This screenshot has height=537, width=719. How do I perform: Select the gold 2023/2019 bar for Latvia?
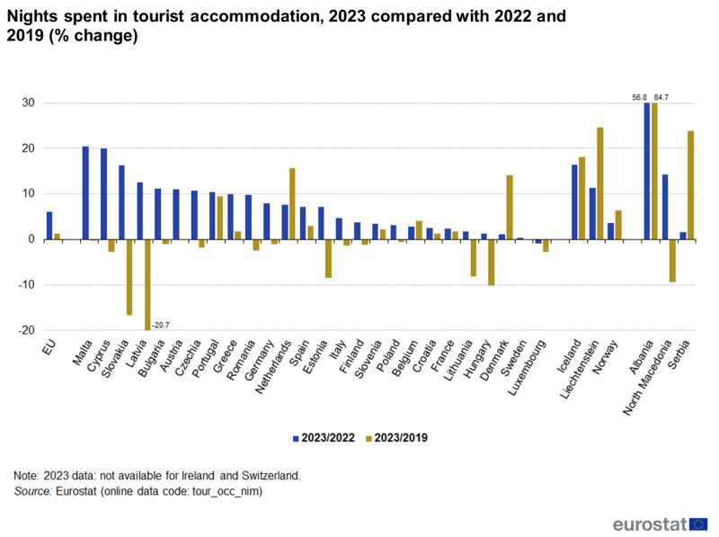[147, 284]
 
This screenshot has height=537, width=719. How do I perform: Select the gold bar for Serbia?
[690, 184]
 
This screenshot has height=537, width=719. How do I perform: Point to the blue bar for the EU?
[49, 226]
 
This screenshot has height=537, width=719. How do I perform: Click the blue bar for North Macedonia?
[665, 207]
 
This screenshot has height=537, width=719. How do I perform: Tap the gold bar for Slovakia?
[129, 277]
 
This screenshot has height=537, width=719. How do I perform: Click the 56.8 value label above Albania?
[640, 96]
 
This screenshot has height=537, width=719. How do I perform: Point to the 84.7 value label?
[661, 96]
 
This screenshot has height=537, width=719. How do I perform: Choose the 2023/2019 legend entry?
[395, 438]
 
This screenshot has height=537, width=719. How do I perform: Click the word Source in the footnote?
[31, 492]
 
